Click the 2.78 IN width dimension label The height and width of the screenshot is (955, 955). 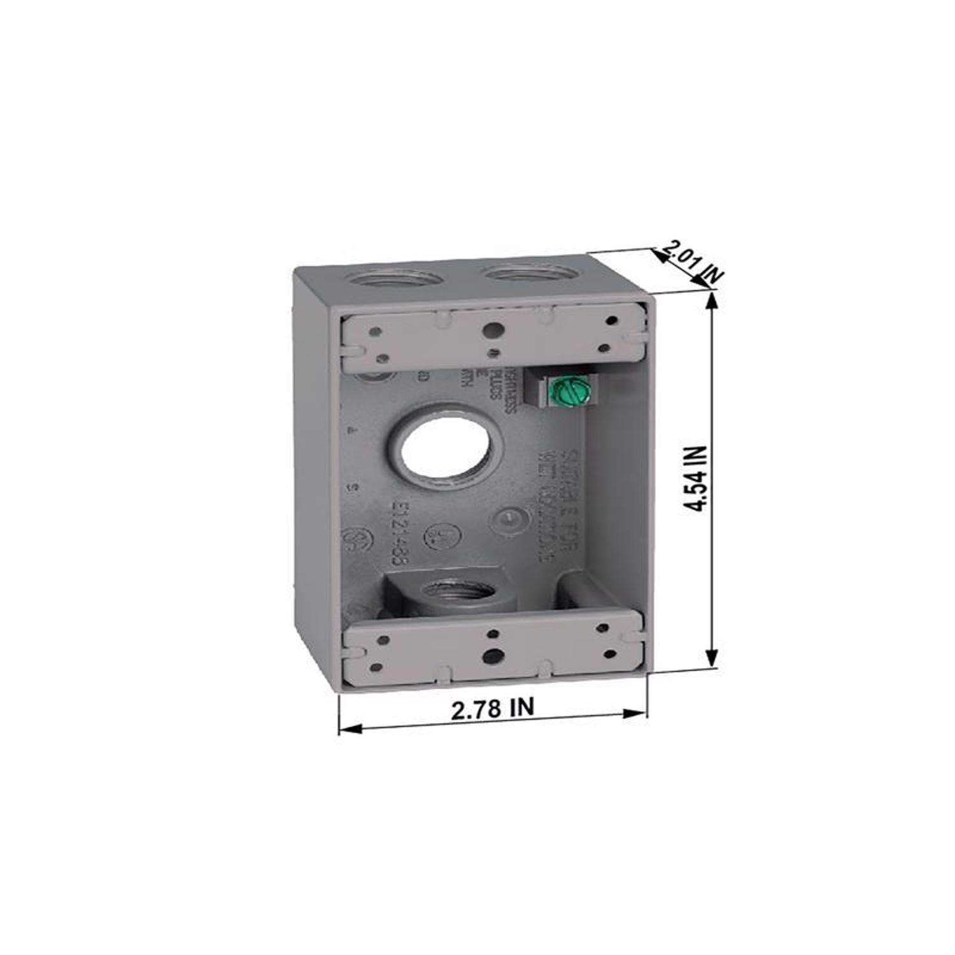point(493,708)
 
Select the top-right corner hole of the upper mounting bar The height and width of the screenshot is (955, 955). point(612,322)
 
